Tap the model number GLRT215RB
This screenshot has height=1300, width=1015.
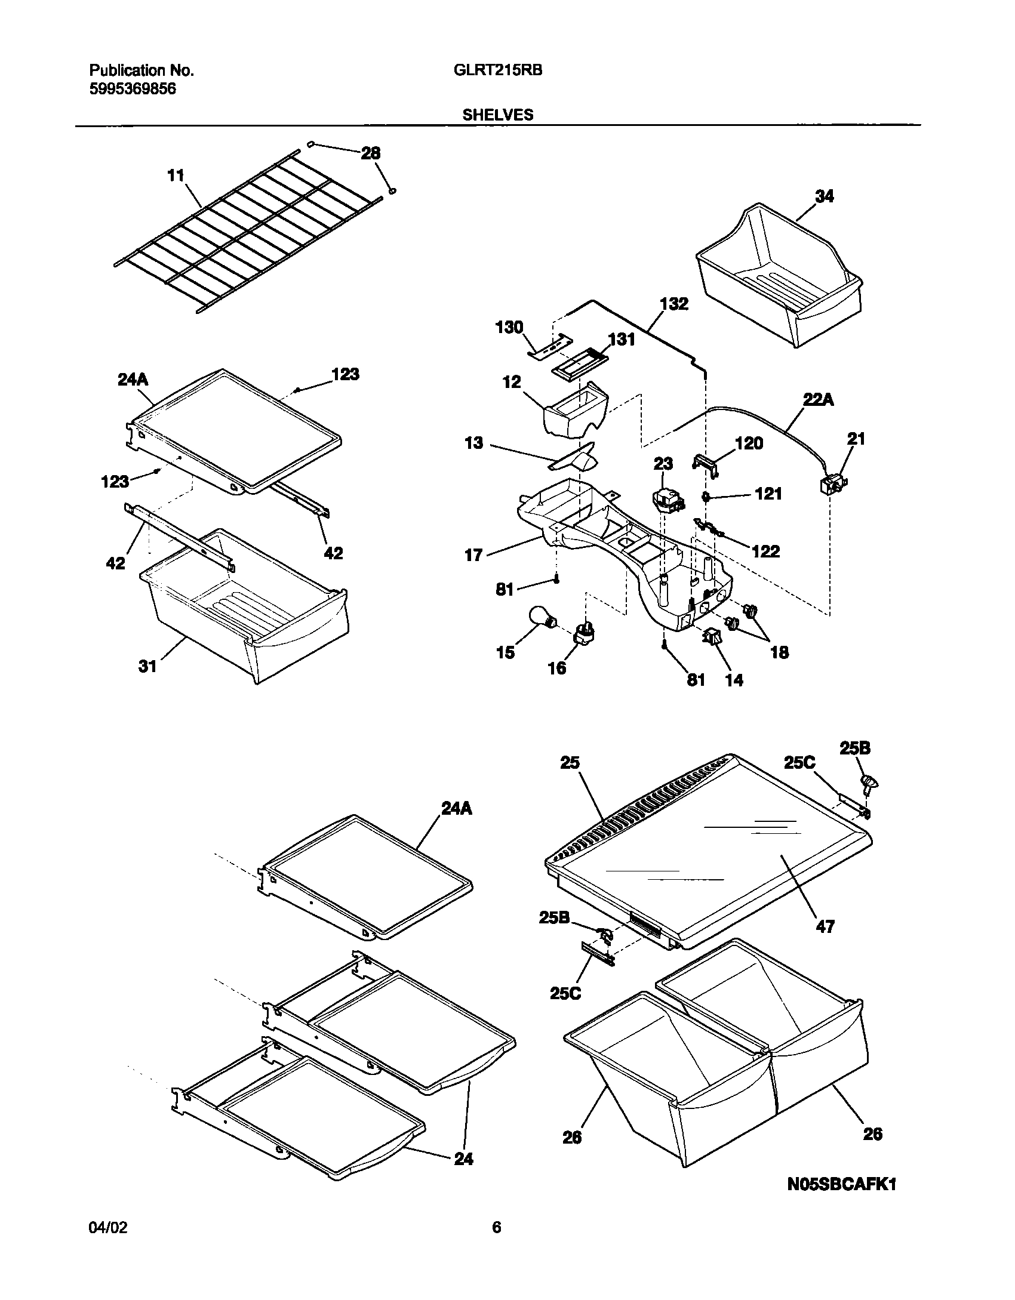498,70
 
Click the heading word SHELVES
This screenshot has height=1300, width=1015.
498,115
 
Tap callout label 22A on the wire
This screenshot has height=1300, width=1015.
818,401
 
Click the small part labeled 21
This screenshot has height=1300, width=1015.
833,484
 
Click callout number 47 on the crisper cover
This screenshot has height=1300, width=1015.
825,926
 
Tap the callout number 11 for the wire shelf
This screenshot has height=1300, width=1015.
176,175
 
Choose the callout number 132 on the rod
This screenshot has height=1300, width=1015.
674,304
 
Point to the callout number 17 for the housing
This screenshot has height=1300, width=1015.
473,555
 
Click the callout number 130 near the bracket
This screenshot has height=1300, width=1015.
509,327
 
